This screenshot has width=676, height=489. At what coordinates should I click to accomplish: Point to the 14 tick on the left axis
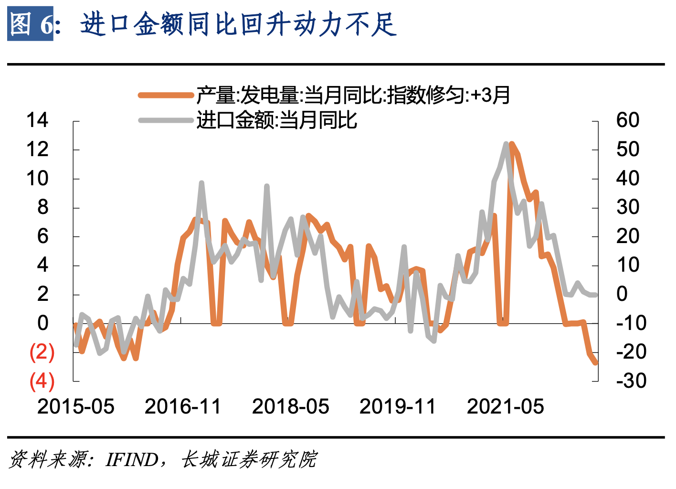(x=37, y=120)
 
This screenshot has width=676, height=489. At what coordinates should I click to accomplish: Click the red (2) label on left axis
(x=42, y=352)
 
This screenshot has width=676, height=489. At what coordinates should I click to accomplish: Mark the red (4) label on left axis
(x=42, y=381)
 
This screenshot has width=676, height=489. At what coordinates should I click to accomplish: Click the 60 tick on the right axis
(x=627, y=120)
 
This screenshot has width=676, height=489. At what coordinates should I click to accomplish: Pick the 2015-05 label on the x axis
(x=76, y=407)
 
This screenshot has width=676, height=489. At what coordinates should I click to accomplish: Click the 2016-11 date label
(x=183, y=407)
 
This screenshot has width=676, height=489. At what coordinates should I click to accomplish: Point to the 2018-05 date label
(x=290, y=407)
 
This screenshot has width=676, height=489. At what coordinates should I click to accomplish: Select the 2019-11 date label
(x=398, y=407)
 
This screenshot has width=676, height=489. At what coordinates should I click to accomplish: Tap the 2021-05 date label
(x=505, y=407)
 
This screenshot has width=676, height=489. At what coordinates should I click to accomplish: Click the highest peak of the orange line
(x=512, y=144)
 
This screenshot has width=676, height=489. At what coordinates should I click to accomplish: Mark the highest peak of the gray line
(x=506, y=144)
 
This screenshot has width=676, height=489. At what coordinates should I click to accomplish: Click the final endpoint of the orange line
(x=595, y=363)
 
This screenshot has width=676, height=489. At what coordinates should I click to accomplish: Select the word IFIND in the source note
(x=132, y=460)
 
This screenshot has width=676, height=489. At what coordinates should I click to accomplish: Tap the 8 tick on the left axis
(x=42, y=207)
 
